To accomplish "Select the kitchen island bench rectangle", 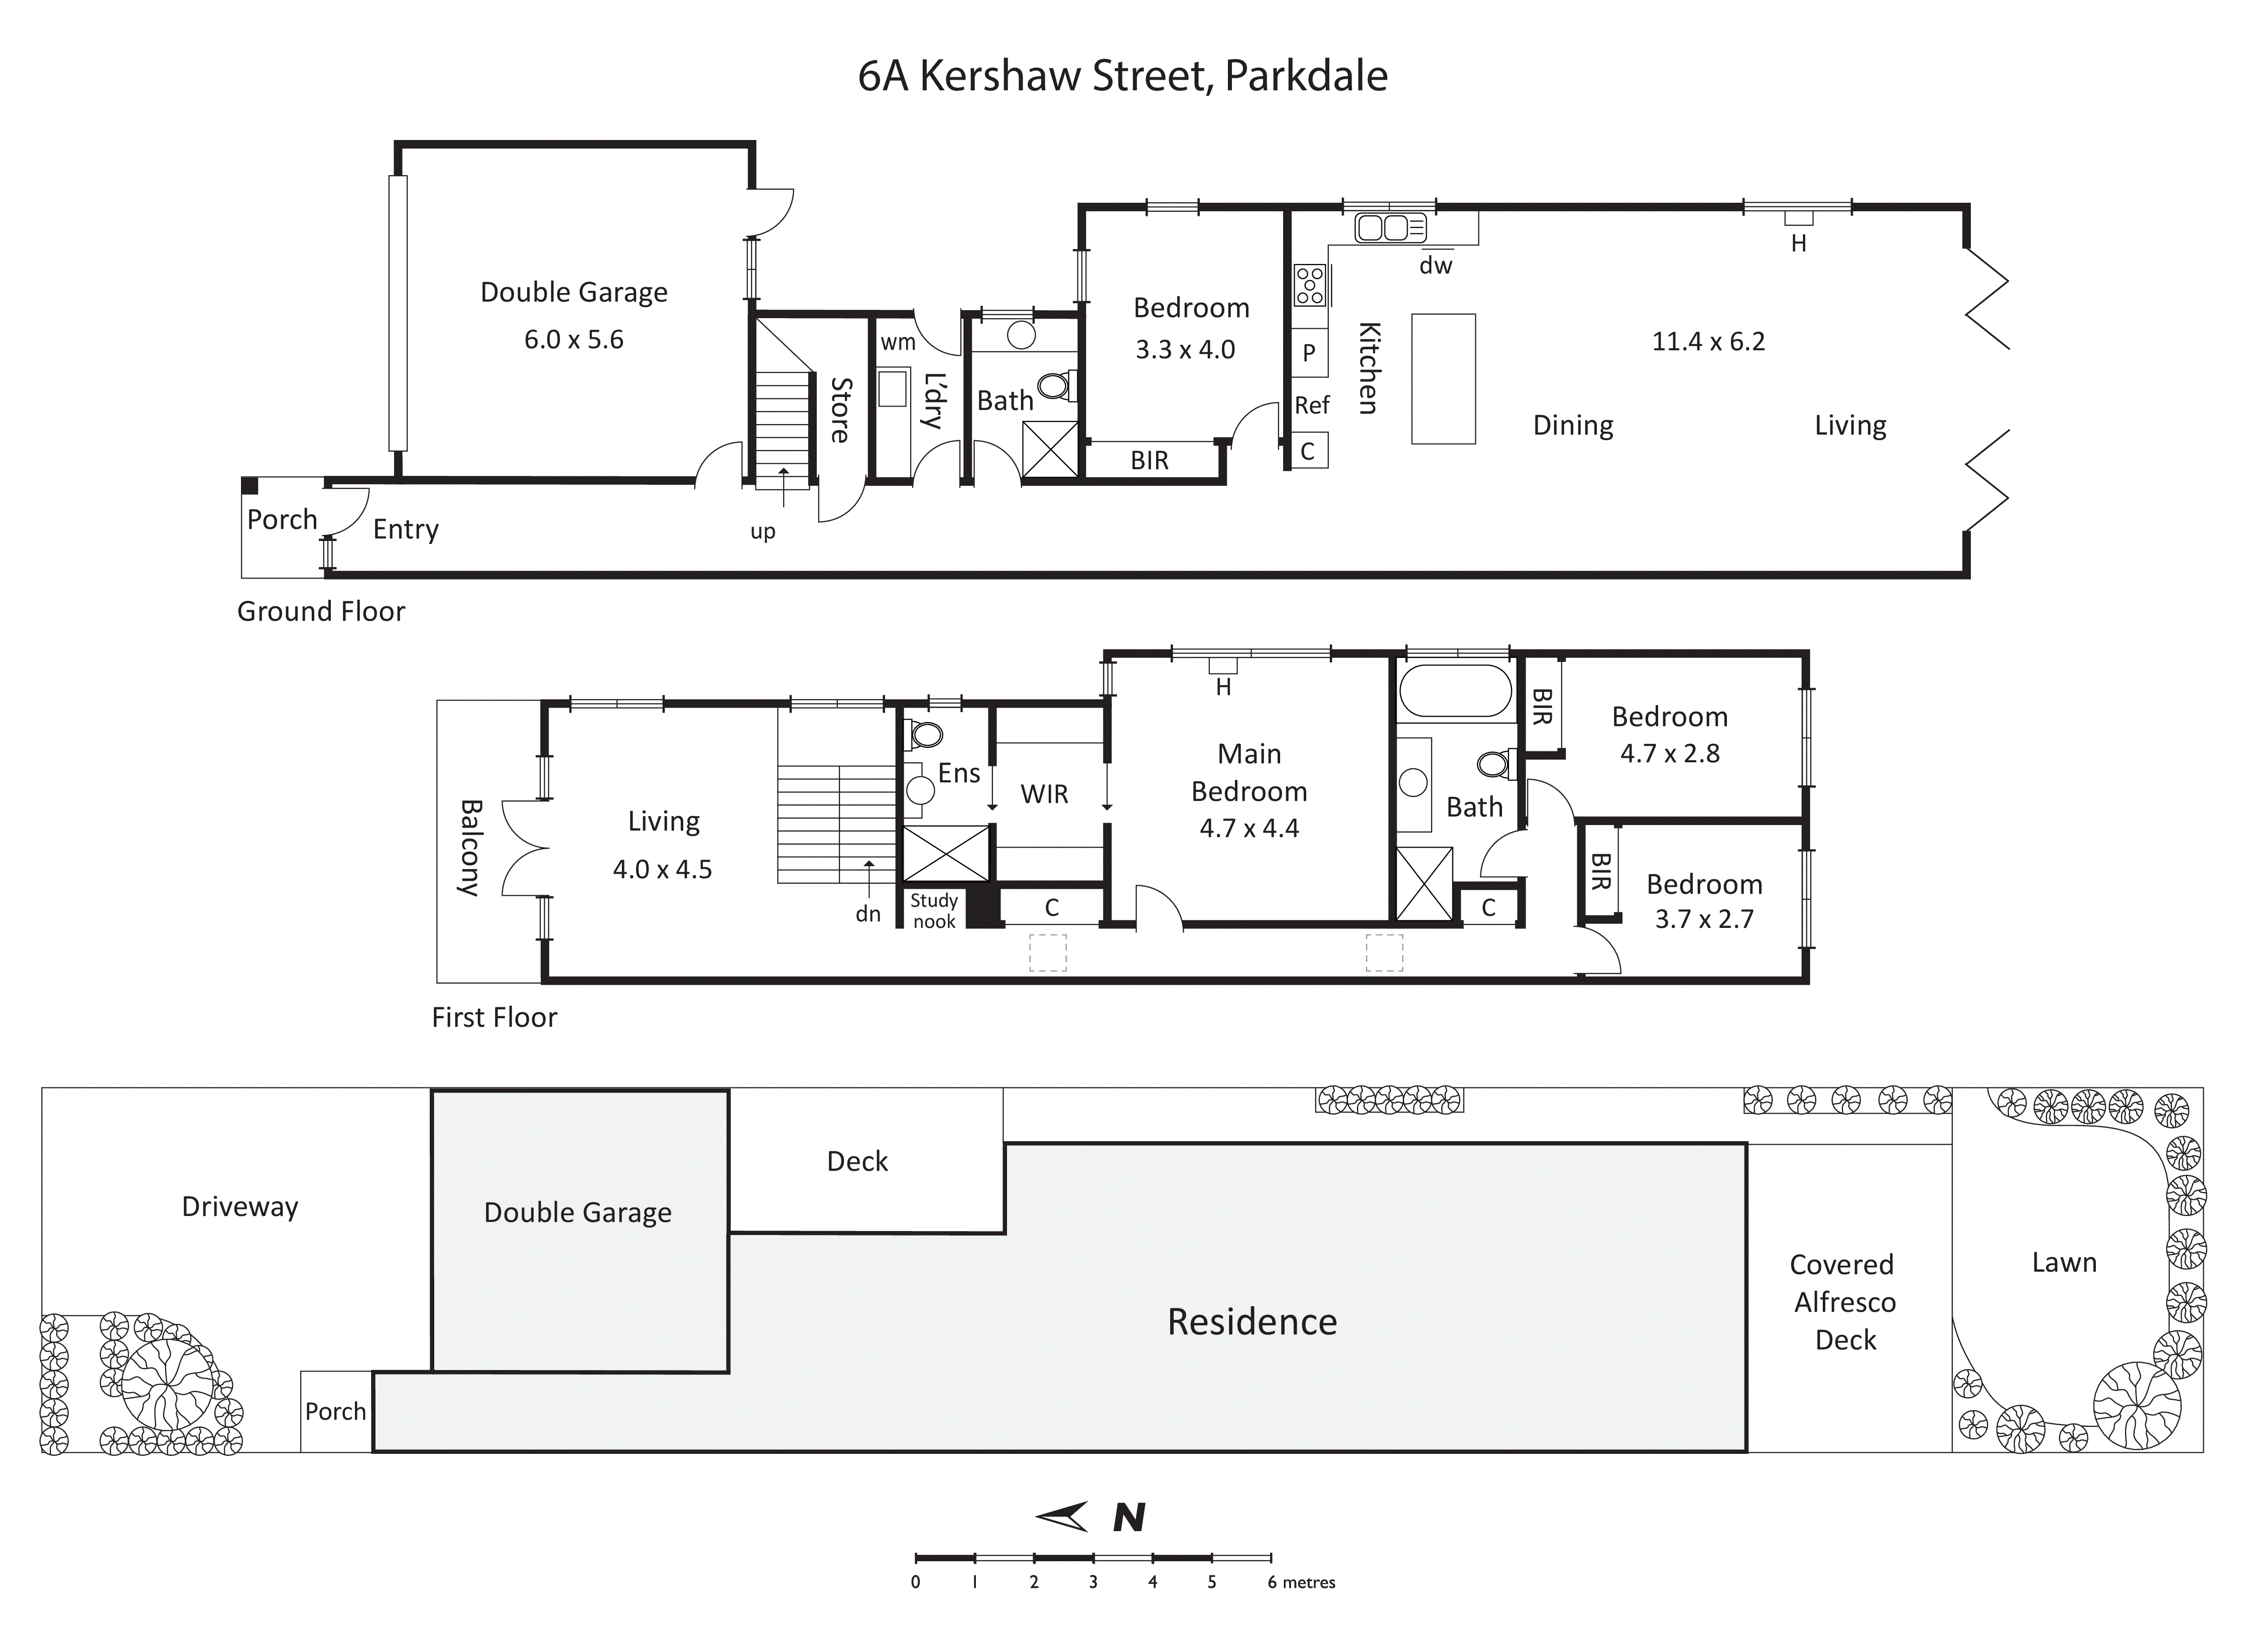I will coord(1443,378).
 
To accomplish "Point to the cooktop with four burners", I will coord(1309,285).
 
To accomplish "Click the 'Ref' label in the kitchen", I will coord(1311,405).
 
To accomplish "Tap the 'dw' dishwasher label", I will coord(1435,265).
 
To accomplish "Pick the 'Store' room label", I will coord(840,409).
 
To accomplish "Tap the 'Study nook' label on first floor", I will coord(934,911).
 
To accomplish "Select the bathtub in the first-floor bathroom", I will coord(1454,692).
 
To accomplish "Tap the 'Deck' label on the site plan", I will coord(857,1161).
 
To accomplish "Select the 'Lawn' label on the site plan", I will coord(2064,1263).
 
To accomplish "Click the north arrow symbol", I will coord(1063,1517).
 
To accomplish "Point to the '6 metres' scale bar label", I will coord(1301,1582).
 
